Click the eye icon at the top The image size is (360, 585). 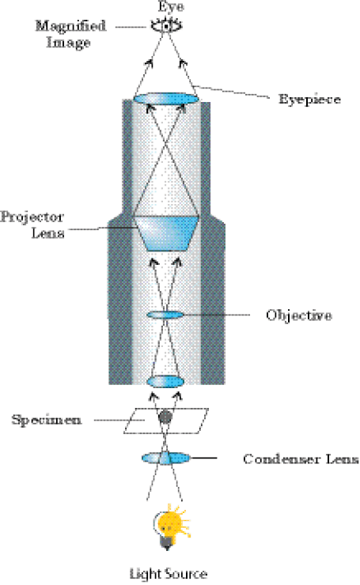pyautogui.click(x=167, y=26)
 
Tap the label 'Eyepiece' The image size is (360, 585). pyautogui.click(x=309, y=100)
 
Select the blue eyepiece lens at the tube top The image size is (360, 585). pyautogui.click(x=166, y=99)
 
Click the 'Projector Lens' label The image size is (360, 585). pyautogui.click(x=32, y=225)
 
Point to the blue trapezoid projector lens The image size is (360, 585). pyautogui.click(x=166, y=233)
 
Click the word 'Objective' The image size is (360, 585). pyautogui.click(x=299, y=315)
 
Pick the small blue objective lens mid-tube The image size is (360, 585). pyautogui.click(x=165, y=315)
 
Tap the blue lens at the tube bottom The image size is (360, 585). pyautogui.click(x=165, y=382)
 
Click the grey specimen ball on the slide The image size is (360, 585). pyautogui.click(x=165, y=417)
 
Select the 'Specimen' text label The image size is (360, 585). pyautogui.click(x=47, y=421)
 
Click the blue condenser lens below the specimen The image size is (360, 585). pyautogui.click(x=165, y=458)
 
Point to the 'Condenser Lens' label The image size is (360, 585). pyautogui.click(x=301, y=459)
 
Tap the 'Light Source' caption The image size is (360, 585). pyautogui.click(x=168, y=573)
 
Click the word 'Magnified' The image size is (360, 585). pyautogui.click(x=70, y=26)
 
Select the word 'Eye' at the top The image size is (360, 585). pyautogui.click(x=171, y=6)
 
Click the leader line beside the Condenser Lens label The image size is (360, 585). pyautogui.click(x=204, y=458)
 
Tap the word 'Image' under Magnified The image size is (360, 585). pyautogui.click(x=68, y=42)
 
